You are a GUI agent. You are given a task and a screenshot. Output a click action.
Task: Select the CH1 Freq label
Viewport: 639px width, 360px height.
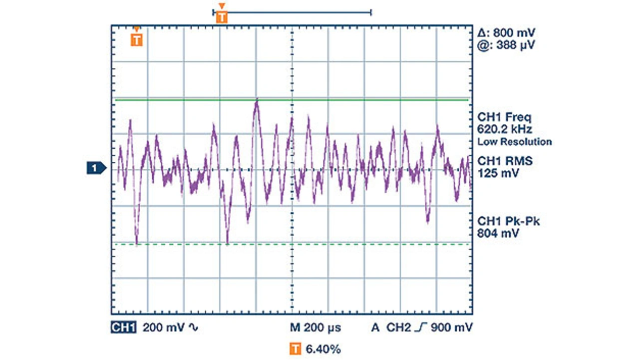[505, 118]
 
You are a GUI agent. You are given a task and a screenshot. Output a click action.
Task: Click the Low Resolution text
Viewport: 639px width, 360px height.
[515, 142]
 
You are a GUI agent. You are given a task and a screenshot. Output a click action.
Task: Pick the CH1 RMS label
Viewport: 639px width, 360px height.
[505, 161]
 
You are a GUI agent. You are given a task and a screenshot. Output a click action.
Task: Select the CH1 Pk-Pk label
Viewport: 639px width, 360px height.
[509, 221]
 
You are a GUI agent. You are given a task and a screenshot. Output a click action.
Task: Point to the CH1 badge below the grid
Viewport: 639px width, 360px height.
[123, 328]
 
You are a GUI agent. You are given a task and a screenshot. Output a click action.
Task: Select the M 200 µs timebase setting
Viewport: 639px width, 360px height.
[316, 328]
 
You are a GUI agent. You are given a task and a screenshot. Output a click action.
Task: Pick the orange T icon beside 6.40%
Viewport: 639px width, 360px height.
[296, 349]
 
